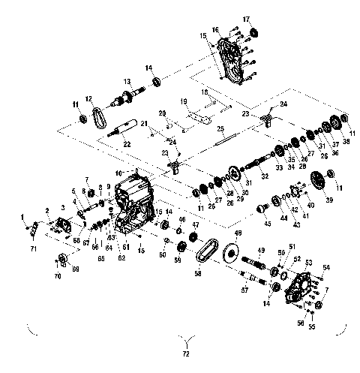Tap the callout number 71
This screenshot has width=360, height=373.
(x=33, y=246)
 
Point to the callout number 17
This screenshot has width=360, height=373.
(x=246, y=18)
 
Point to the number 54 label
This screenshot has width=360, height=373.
(x=326, y=267)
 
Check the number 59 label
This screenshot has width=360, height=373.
(x=178, y=260)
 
